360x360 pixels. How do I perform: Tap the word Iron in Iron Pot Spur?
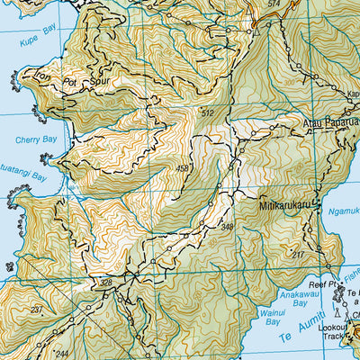pos(42,76)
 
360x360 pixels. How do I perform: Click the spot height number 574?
pos(273,4)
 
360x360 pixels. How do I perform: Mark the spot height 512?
pos(208,112)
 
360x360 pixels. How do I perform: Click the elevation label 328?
pos(106,283)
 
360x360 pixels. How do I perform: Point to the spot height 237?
pos(36,310)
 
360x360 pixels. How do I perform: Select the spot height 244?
pos(61,354)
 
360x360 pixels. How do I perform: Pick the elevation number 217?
pos(297,256)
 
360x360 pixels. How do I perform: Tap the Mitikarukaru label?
pos(290,204)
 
